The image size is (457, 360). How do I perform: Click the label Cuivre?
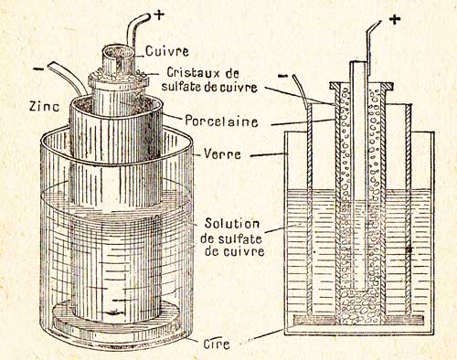[166, 51]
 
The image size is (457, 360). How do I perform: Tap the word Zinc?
[44, 106]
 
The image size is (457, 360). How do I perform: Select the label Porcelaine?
[221, 121]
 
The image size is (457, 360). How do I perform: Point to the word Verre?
[222, 154]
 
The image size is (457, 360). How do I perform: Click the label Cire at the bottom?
[217, 344]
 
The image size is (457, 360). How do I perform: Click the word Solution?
[232, 223]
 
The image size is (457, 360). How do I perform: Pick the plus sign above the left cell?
[159, 16]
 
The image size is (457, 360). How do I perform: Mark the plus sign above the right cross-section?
[395, 20]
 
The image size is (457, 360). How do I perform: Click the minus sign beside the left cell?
[38, 69]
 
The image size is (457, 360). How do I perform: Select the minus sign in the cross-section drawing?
[282, 75]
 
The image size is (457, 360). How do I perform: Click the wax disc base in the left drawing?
[116, 317]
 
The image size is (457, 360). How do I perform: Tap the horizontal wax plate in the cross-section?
[358, 319]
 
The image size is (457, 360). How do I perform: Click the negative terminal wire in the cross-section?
[301, 90]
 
